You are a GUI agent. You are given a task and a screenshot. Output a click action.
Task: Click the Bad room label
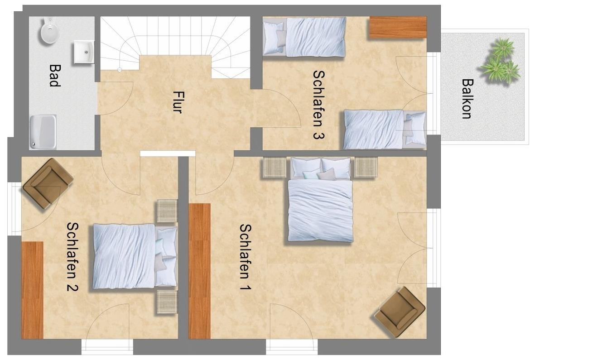coord(54,75)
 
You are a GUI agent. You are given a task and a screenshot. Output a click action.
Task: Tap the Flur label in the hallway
coord(178,102)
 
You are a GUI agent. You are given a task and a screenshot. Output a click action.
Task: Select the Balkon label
coord(467,99)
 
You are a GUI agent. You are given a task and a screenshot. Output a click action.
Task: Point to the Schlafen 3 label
coord(319,105)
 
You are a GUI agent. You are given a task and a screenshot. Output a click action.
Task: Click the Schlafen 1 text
coord(246,257)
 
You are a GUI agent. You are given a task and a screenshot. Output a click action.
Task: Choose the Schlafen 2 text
coord(72,256)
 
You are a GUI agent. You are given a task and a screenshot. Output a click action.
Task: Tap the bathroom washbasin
coord(84,52)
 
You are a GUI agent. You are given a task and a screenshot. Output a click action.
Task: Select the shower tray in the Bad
coord(43,132)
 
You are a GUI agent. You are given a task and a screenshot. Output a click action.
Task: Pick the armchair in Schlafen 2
coord(48,184)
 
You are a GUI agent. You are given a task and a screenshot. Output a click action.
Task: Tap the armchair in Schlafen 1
coord(400,312)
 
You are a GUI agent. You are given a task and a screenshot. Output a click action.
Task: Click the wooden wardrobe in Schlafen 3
coord(398,28)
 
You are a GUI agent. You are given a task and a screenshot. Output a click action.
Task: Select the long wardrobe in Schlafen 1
coord(200,271)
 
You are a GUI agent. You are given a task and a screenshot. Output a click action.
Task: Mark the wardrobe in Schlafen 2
coord(32,290)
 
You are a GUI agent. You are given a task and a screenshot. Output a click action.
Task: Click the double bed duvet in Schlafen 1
coord(320,211)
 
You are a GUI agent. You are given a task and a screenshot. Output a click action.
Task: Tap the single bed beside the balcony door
coord(385,130)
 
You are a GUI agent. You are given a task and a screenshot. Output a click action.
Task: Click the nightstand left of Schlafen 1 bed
coord(274,168)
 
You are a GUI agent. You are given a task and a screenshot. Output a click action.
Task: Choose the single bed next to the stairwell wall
coord(304,37)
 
